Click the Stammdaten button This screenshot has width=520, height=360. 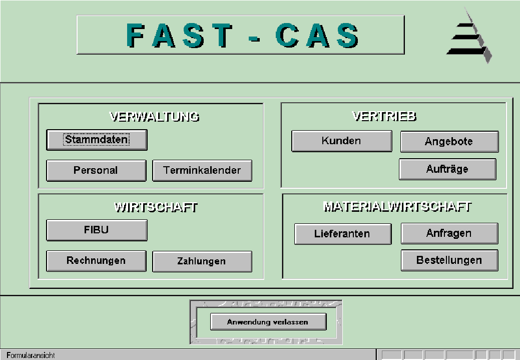pos(97,140)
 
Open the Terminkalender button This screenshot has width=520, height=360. pos(202,171)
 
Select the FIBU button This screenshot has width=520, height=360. pos(97,230)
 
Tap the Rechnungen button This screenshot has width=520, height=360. pos(96,261)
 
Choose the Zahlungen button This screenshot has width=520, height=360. pos(202,261)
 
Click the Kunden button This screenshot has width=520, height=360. pos(342,141)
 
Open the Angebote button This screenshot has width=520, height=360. pos(449,142)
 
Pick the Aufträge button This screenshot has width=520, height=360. pos(448,169)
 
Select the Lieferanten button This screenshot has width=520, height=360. pos(343,234)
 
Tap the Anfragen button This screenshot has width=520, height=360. pos(449,233)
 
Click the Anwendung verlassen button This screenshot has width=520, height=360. pos(268,322)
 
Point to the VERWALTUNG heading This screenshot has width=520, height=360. pos(155,117)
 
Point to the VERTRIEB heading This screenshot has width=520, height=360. pos(384,116)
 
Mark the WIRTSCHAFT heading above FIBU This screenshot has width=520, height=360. pos(156,207)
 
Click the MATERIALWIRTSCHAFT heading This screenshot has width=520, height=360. pos(397,206)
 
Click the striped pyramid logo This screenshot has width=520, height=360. pos(469,36)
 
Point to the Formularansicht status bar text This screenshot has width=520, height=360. pos(31,355)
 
